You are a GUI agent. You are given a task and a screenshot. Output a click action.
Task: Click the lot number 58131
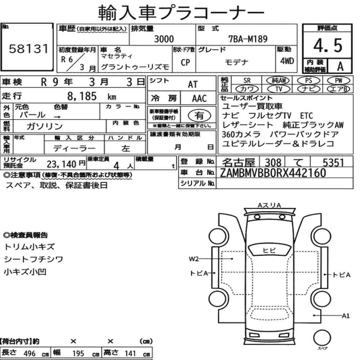(x=29, y=49)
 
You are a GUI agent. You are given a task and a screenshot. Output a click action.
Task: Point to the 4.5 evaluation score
(x=328, y=45)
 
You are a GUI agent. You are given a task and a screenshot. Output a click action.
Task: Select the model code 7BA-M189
(x=248, y=39)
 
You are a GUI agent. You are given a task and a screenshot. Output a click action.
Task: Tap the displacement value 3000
(x=164, y=39)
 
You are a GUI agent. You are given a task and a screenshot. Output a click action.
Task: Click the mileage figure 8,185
(x=82, y=96)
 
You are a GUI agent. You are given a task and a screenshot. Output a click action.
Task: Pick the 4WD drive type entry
(x=287, y=61)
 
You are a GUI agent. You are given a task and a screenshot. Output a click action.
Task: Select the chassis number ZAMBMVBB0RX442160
(x=273, y=173)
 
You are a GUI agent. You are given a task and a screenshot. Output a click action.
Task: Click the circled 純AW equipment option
(x=278, y=80)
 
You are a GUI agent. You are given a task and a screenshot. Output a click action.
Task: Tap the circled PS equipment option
(x=309, y=80)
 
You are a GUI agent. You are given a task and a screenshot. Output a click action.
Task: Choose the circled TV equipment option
(x=279, y=89)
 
